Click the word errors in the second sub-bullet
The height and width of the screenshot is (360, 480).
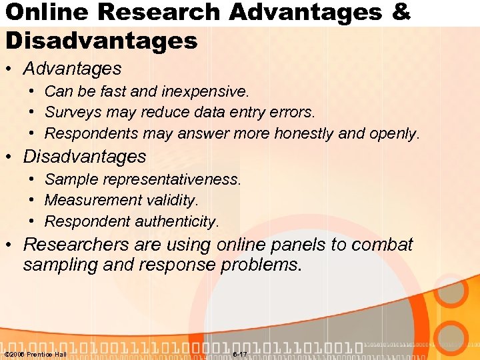(x=295, y=112)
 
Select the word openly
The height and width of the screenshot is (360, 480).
(x=394, y=133)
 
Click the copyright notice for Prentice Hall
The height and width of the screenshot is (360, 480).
(x=35, y=354)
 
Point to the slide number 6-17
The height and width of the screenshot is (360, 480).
(x=239, y=354)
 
